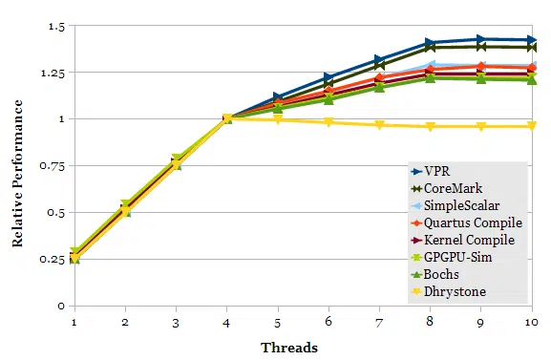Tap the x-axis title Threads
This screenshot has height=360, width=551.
(x=289, y=348)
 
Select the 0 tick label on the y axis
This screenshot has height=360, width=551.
(x=60, y=306)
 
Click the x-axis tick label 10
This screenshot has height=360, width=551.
(x=531, y=323)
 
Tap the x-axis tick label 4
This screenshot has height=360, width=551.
(x=227, y=323)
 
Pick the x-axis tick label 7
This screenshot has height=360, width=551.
(x=379, y=323)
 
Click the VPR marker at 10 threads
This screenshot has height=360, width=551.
(x=532, y=40)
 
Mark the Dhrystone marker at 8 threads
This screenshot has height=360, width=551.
(x=431, y=127)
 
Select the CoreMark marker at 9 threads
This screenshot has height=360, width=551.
(x=481, y=47)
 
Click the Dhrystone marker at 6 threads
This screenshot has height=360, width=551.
(x=328, y=122)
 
